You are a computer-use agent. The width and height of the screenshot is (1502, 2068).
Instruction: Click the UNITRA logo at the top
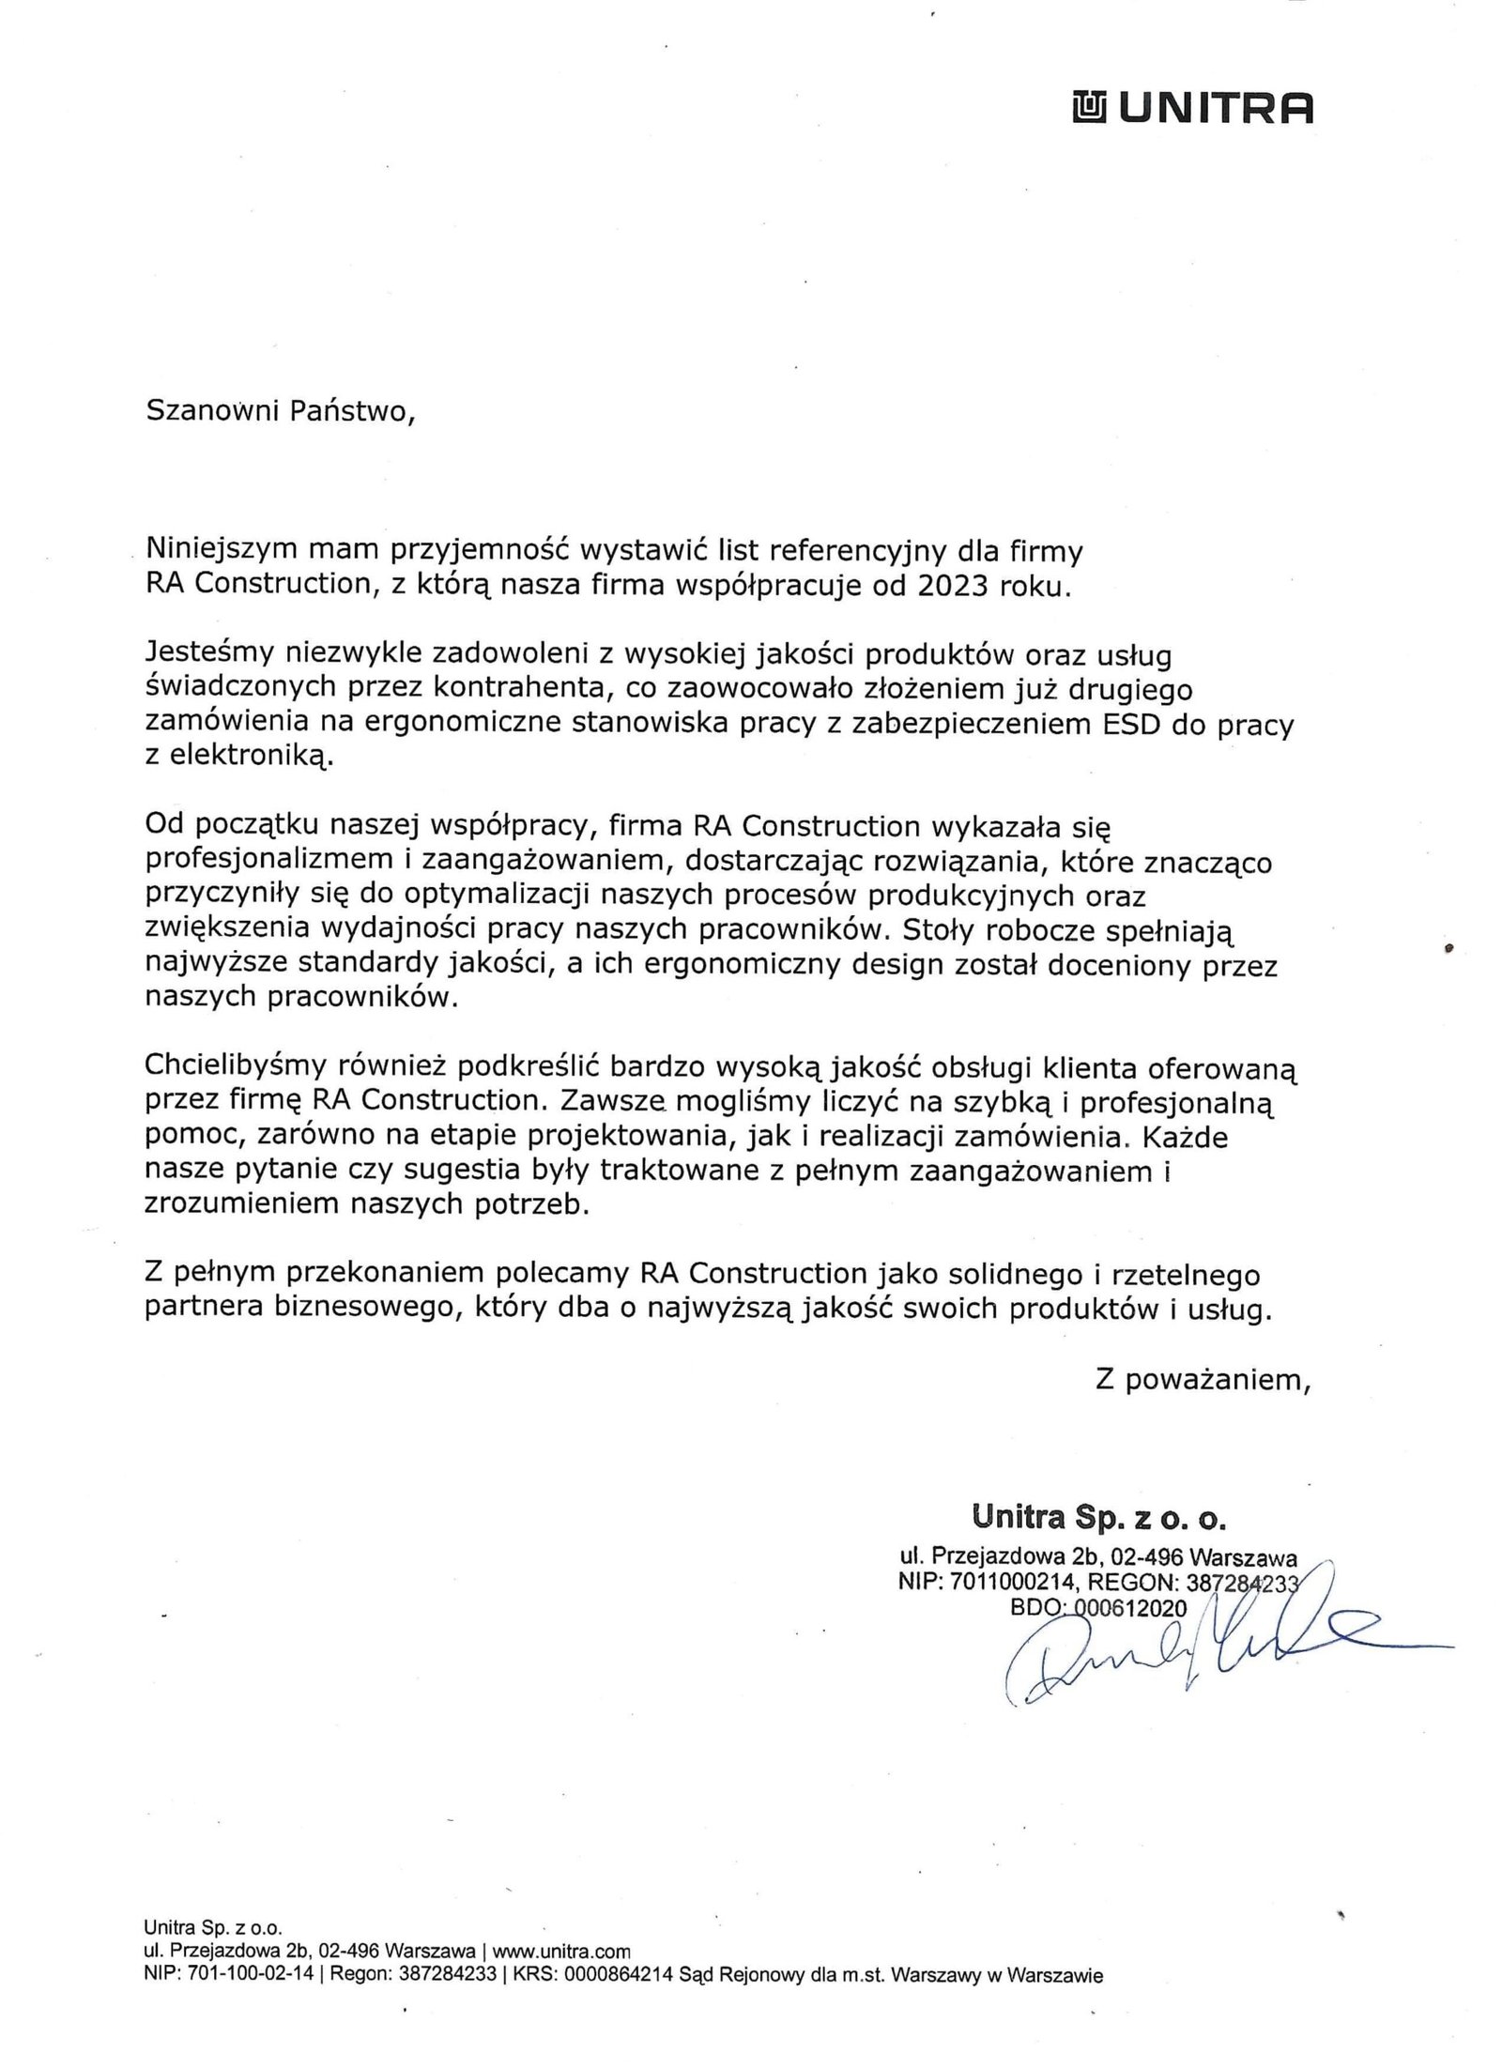point(1192,110)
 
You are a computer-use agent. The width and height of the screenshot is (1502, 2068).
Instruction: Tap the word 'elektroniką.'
point(239,758)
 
